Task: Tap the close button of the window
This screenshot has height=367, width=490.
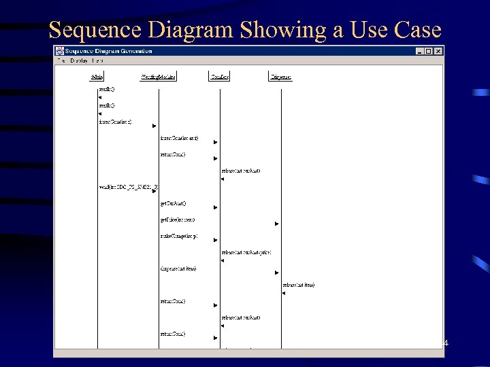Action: [438, 51]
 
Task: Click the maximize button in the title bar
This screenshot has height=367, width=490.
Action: [429, 51]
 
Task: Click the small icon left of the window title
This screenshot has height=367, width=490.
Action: [61, 51]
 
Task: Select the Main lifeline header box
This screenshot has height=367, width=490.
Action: [97, 77]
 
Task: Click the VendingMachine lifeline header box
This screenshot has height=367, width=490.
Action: [159, 77]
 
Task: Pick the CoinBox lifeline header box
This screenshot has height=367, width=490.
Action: [220, 77]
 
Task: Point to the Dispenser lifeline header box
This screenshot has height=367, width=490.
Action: [280, 77]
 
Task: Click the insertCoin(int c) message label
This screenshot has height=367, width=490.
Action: [115, 122]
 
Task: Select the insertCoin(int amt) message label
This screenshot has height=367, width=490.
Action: [179, 139]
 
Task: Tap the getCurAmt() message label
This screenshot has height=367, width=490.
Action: [173, 203]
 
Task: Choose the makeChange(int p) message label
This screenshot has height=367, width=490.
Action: [178, 236]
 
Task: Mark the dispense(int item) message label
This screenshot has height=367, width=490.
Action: [178, 268]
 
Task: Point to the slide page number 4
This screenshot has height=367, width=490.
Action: [446, 344]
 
